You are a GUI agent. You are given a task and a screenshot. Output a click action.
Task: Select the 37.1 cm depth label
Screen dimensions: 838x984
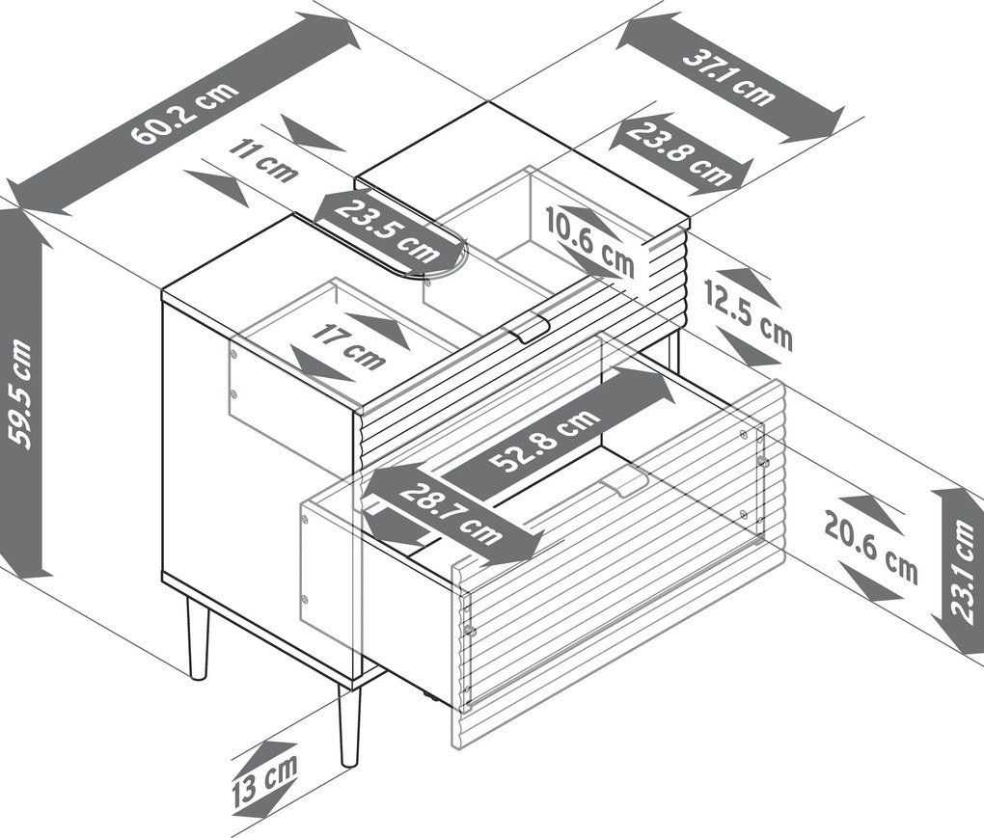[728, 77]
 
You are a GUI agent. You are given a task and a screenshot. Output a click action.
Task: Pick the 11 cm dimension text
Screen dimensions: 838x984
[263, 160]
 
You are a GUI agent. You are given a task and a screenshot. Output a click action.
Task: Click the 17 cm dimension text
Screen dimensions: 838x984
[348, 348]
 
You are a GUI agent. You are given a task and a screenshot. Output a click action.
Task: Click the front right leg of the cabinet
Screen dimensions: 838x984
[350, 724]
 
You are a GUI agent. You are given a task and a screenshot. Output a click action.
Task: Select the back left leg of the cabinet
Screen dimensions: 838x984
[197, 637]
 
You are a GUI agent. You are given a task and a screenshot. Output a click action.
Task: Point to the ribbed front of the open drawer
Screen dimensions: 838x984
[617, 617]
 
